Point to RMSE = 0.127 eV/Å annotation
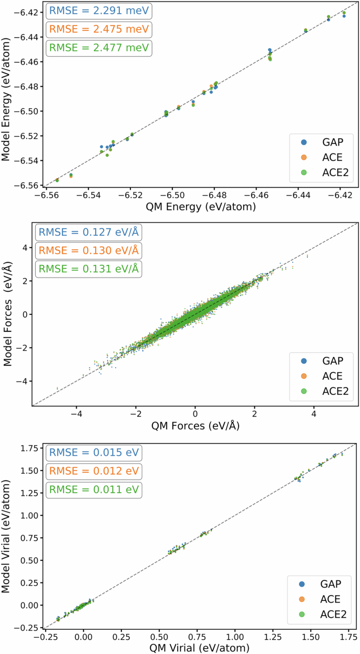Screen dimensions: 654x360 point(88,232)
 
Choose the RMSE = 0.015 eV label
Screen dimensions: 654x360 point(88,452)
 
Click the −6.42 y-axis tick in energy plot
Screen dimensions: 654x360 point(18,12)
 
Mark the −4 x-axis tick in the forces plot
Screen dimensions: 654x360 point(77,414)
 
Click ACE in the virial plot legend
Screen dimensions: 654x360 point(330,599)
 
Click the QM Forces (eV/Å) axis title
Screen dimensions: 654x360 point(195,426)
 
